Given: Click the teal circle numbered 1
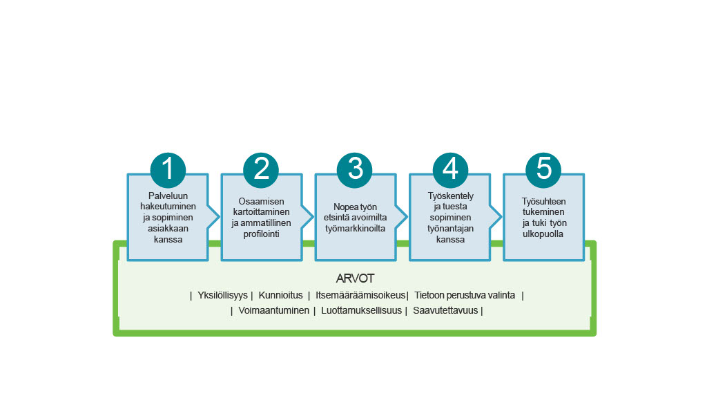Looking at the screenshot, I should tap(168, 169).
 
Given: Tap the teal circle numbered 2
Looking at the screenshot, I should tap(262, 169).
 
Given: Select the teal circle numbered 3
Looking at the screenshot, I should tap(355, 169).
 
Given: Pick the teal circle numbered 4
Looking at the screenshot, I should tap(450, 169).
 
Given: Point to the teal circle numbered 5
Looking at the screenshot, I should tap(543, 169).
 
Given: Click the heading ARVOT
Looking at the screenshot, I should tap(355, 279).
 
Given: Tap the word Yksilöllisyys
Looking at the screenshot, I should tap(222, 295).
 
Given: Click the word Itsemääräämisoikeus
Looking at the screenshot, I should tap(360, 295).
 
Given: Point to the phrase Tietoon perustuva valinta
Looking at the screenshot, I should tap(465, 295).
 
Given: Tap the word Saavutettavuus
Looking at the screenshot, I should tap(445, 311).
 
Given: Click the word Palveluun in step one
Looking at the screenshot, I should tap(168, 196).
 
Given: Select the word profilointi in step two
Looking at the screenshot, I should tap(262, 234).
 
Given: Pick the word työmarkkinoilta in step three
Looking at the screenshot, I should tap(355, 228).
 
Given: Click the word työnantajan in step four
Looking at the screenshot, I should tap(450, 229).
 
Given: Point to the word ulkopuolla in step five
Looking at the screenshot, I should tap(543, 234).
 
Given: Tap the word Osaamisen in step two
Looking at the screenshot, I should tap(262, 200).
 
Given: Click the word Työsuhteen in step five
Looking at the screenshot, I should tap(543, 200).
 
